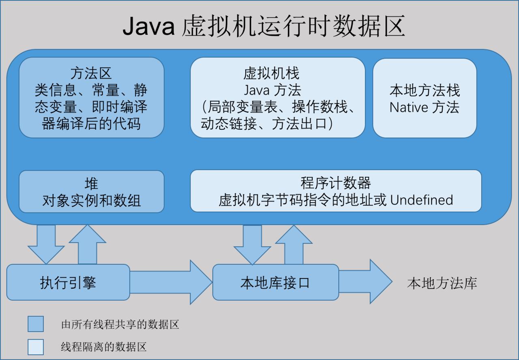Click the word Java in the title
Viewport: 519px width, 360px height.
(148, 27)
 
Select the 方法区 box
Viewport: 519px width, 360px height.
(91, 98)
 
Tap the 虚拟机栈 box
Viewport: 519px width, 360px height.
(277, 98)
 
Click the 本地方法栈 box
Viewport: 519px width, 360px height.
(425, 98)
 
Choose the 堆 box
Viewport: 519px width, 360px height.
(91, 191)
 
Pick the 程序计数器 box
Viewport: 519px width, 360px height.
(336, 191)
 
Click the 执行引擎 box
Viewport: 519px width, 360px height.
(68, 282)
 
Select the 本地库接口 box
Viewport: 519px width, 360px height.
(275, 282)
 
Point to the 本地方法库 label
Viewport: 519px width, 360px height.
(442, 283)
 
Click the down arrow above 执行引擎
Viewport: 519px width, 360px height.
(46, 243)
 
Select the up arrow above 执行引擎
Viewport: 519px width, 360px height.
(88, 245)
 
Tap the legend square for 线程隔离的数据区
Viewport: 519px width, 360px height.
(36, 347)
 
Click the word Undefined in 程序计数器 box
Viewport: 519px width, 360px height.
(421, 200)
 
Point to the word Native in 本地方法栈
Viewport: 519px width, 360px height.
(409, 107)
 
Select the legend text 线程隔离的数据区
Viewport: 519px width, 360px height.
(103, 347)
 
